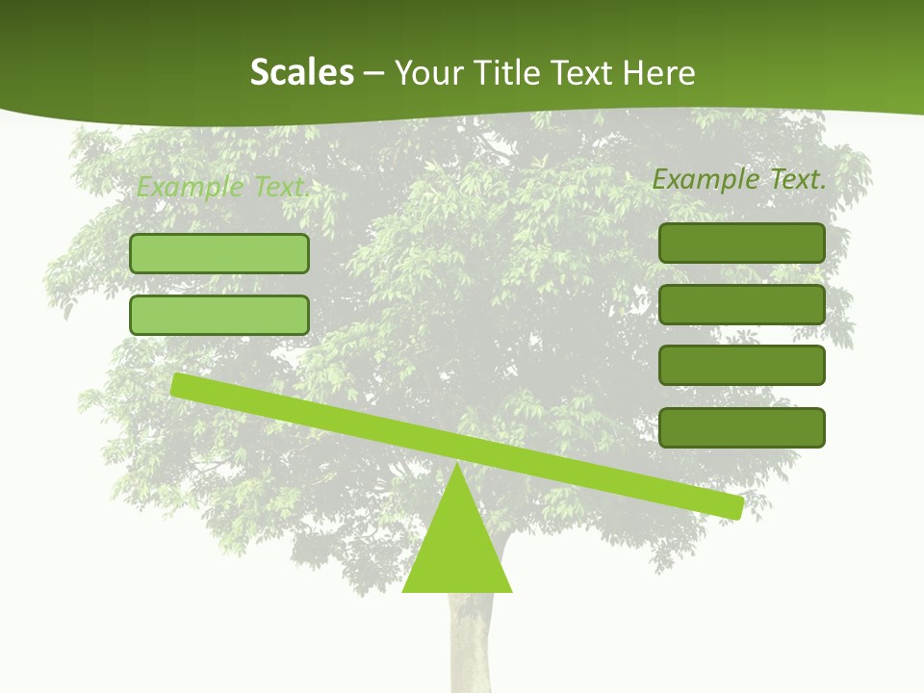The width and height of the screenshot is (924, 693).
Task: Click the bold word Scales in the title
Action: click(301, 73)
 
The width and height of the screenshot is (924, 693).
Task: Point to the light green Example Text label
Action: click(223, 187)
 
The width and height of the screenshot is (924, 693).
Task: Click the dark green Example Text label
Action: click(739, 179)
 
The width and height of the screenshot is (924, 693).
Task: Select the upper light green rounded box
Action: click(219, 253)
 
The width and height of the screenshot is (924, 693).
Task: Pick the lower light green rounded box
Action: click(219, 315)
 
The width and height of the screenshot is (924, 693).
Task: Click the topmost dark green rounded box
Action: click(741, 243)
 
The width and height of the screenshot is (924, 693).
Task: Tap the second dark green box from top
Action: click(741, 304)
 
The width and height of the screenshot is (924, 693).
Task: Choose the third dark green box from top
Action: click(741, 366)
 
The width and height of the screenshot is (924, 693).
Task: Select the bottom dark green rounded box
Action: click(741, 427)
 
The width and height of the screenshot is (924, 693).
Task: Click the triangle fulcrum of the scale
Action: click(457, 549)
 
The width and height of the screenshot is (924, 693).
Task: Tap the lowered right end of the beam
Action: click(733, 506)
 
